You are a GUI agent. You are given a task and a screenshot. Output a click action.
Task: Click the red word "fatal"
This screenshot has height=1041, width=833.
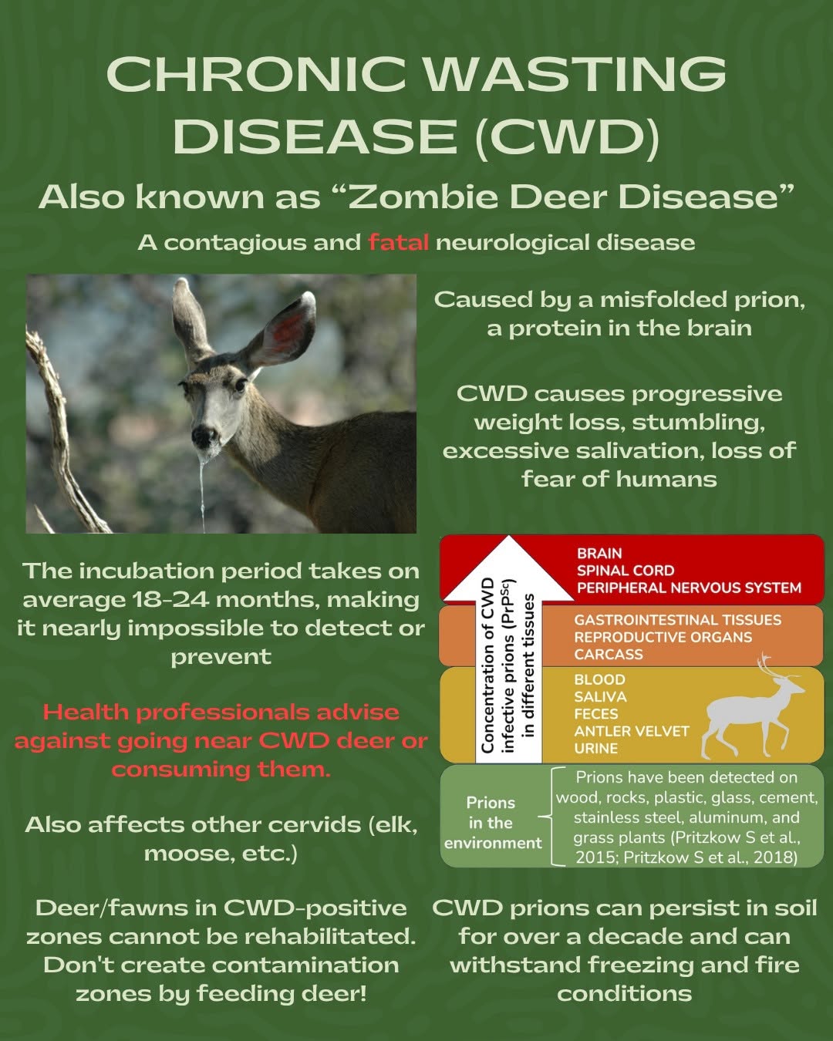coord(398,242)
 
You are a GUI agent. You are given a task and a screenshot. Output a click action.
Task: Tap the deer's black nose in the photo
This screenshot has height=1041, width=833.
coord(204,435)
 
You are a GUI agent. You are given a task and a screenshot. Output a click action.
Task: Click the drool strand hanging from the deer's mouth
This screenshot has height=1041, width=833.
coord(202,489)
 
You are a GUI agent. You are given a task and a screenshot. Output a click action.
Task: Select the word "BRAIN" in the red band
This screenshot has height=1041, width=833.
coord(599,553)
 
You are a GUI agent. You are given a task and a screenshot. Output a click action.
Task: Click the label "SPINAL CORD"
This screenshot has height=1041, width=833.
coord(626,571)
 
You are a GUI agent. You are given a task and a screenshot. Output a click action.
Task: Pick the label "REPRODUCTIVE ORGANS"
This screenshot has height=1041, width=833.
coord(663,637)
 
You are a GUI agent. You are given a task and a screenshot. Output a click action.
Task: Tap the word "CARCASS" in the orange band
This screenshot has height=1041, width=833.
coord(609,654)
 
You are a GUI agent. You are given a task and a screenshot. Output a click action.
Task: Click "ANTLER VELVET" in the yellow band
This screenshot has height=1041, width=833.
coord(632,731)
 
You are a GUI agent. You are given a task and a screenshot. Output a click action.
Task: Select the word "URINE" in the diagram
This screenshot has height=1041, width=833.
coord(596,748)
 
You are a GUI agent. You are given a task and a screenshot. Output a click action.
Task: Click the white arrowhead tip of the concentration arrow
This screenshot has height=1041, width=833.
coord(508,537)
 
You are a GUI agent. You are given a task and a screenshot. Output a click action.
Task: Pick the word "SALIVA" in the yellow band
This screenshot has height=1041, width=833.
coord(600,696)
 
